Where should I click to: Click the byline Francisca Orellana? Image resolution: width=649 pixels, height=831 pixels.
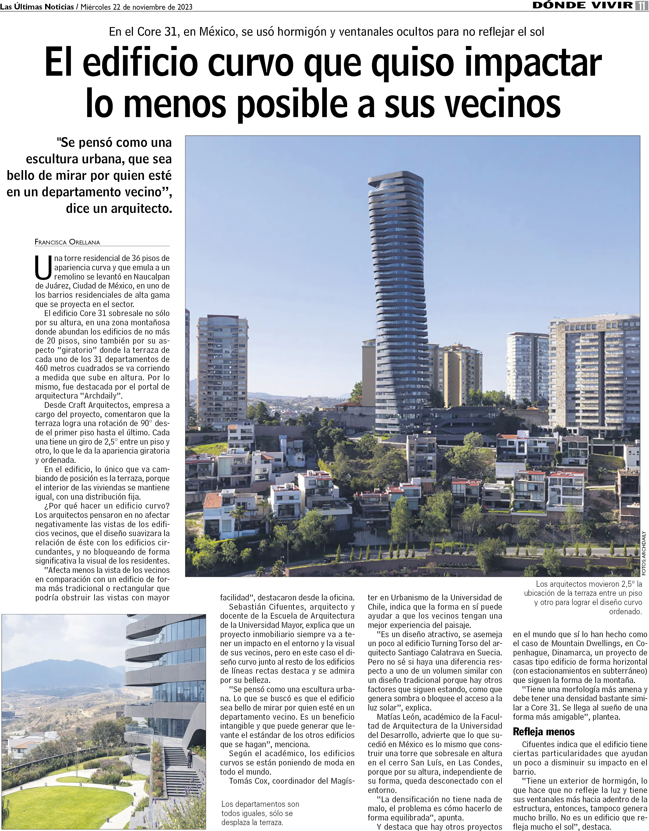pyautogui.click(x=67, y=242)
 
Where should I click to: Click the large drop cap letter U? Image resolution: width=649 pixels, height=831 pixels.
pyautogui.click(x=43, y=267)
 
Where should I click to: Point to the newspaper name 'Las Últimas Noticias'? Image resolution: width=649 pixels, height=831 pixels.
pyautogui.click(x=37, y=7)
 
